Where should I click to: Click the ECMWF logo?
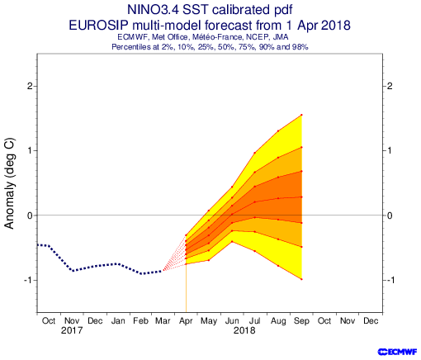[397, 352]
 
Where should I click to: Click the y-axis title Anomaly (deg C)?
[9, 183]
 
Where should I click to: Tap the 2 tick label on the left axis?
[30, 86]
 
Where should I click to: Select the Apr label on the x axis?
[186, 321]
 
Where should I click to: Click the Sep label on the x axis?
[301, 321]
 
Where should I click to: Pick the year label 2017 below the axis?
[72, 330]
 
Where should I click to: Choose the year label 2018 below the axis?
[244, 330]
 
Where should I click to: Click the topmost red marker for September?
[301, 115]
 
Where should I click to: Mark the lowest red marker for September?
[301, 279]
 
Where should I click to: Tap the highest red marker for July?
[255, 153]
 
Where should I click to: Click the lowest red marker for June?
[232, 241]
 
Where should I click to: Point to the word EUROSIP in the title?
[98, 26]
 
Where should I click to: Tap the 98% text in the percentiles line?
[300, 47]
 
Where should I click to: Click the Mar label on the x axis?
[163, 321]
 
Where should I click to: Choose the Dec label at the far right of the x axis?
[371, 321]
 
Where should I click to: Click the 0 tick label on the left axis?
[30, 216]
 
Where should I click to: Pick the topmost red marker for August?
[278, 130]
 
